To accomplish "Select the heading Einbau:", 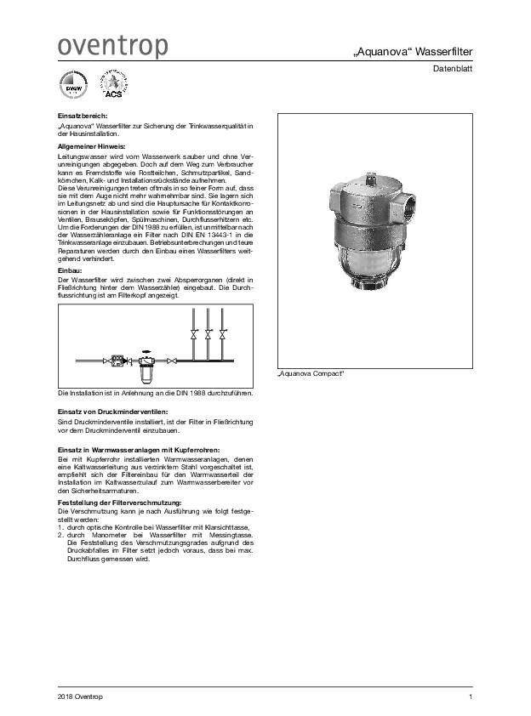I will point(70,270).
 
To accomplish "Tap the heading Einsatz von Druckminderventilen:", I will point(117,412).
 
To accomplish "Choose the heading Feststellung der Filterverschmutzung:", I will point(119,503).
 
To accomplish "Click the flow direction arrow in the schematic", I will point(146,351).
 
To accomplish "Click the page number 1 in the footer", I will point(471,697).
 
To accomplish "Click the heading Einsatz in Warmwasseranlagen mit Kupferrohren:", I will point(138,448).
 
